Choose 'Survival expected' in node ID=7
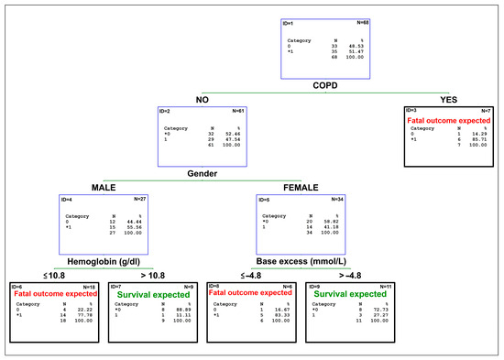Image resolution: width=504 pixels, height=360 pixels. (151, 295)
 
